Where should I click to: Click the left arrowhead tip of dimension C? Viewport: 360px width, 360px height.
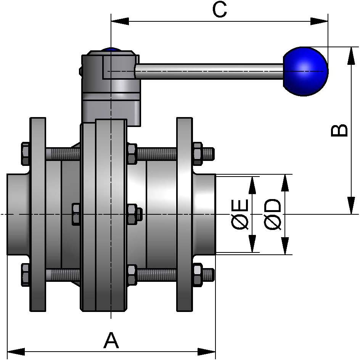tap(111, 21)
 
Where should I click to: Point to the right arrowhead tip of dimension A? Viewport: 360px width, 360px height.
tap(215, 352)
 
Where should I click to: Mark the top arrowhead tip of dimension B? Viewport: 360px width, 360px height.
tap(351, 47)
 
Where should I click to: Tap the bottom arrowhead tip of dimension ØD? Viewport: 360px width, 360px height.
tap(285, 254)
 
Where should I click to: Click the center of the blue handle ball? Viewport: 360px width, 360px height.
tap(305, 71)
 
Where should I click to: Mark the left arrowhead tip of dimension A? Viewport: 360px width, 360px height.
tap(7, 352)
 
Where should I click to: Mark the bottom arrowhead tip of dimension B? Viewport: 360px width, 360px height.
tap(351, 214)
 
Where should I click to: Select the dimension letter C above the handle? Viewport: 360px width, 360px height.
tap(220, 9)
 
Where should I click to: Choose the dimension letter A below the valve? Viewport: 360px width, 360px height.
tap(111, 340)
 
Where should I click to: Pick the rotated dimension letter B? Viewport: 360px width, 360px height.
tap(339, 130)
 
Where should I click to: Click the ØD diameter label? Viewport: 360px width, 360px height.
tap(273, 214)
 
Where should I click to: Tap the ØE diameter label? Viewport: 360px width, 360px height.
tap(240, 214)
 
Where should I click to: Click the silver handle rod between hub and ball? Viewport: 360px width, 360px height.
tap(209, 71)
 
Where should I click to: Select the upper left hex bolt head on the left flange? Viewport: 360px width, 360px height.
tap(26, 154)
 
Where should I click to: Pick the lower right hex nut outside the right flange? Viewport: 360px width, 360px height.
tap(198, 275)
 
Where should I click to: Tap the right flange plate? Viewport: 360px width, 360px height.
tap(185, 214)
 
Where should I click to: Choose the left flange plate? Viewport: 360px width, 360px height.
tap(38, 214)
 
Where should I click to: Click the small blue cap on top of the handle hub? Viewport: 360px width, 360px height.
tap(111, 49)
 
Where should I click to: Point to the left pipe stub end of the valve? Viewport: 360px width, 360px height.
tap(18, 214)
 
